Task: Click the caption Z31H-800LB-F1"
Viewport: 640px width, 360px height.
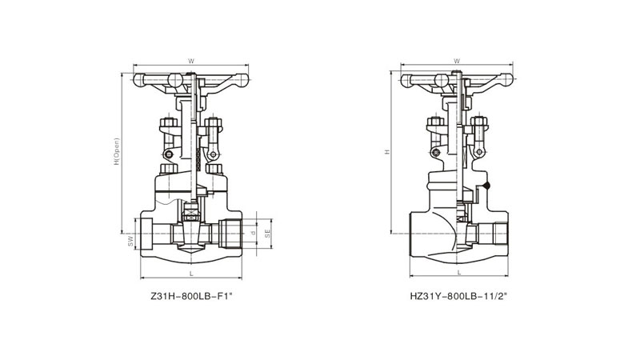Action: [191, 296]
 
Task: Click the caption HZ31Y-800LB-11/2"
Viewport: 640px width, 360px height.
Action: [458, 296]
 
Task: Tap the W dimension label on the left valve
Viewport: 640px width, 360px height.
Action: [191, 62]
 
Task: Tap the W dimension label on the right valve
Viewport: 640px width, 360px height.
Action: [457, 62]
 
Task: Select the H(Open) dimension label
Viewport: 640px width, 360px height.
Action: [117, 151]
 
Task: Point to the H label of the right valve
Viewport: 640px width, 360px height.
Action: [387, 152]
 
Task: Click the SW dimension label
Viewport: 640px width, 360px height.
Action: [130, 241]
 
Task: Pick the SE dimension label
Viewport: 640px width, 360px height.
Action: [268, 234]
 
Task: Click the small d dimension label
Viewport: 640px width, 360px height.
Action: [253, 233]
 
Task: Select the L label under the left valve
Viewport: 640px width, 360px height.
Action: [191, 274]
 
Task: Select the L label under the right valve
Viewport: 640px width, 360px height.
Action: [458, 273]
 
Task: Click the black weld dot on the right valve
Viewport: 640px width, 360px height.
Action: [486, 186]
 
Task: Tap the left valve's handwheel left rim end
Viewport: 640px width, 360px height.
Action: [139, 81]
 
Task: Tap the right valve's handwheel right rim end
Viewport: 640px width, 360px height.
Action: [506, 80]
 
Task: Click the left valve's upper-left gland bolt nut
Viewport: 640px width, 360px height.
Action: [169, 122]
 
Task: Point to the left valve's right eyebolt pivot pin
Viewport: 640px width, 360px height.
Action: [213, 154]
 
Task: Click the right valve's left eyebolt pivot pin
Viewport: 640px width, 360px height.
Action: [435, 153]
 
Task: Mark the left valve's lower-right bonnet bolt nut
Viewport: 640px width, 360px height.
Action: [214, 169]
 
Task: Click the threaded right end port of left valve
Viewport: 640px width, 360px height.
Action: [230, 234]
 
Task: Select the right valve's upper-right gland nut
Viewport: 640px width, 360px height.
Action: [479, 121]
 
